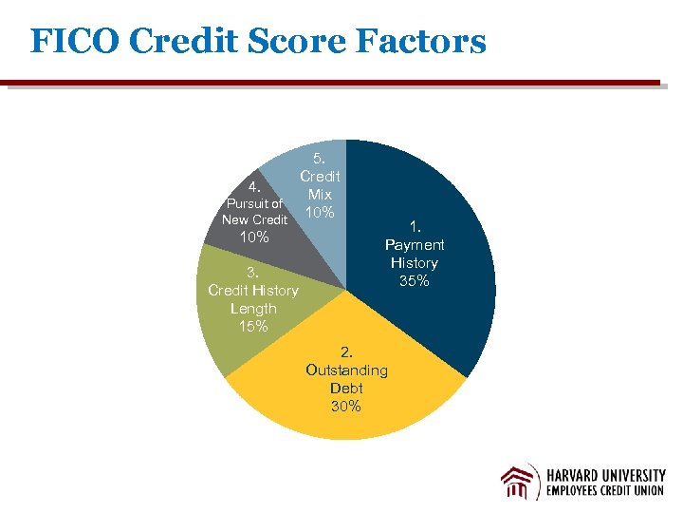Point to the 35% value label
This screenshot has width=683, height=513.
click(x=415, y=281)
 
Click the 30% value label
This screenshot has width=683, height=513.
click(x=346, y=407)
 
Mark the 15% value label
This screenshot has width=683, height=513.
click(x=253, y=327)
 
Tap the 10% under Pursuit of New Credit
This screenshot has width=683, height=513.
click(x=253, y=237)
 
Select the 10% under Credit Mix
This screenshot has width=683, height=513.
click(x=320, y=212)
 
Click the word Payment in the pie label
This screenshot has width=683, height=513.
click(x=415, y=244)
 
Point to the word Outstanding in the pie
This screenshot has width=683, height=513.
click(x=346, y=370)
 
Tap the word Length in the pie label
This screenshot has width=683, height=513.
click(x=253, y=309)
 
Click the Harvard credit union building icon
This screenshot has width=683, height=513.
click(x=520, y=483)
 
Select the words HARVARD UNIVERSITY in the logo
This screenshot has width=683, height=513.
click(x=606, y=475)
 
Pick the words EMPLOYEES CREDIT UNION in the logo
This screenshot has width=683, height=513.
click(x=606, y=493)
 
